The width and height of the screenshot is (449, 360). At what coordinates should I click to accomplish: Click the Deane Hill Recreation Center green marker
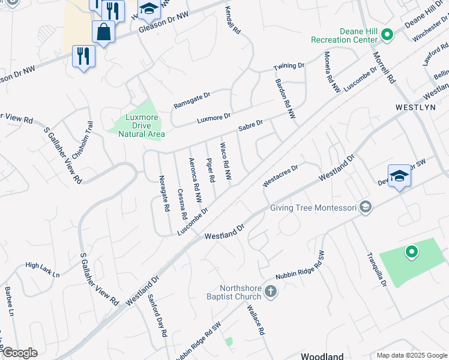click(x=387, y=35)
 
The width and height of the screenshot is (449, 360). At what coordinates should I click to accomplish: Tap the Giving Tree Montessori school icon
click(x=365, y=208)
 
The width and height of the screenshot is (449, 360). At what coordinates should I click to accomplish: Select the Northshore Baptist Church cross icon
click(x=270, y=292)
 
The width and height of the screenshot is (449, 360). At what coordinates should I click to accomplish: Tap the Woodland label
click(x=322, y=356)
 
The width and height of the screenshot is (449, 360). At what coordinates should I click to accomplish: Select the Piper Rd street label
click(x=210, y=170)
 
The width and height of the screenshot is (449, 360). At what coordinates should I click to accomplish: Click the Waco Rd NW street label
click(x=225, y=161)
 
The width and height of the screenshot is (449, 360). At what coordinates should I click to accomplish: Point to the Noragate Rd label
click(x=163, y=193)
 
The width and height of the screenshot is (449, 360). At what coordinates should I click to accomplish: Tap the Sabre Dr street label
click(x=250, y=125)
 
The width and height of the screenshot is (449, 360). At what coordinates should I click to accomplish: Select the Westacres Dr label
click(x=280, y=176)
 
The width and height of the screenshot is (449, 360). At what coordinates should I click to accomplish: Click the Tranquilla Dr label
click(x=376, y=269)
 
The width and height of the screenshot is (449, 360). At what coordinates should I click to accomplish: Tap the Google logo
click(x=19, y=353)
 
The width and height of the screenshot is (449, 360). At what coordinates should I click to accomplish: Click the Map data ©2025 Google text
click(x=411, y=355)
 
